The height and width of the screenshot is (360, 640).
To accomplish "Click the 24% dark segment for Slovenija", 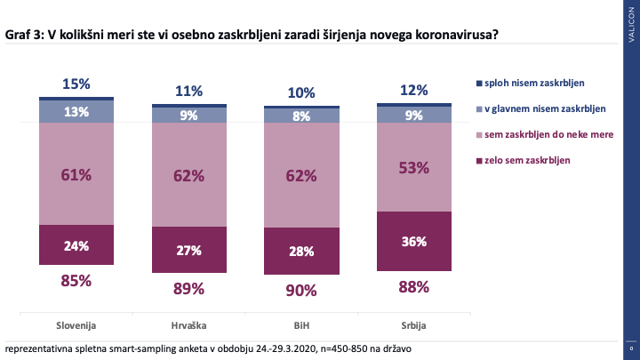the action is point(76,244).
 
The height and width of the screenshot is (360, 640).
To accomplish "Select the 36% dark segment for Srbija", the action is point(414,241).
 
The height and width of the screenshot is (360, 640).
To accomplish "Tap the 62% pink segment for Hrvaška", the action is point(189,175).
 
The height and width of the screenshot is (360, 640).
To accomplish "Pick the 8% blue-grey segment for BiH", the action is point(301,116).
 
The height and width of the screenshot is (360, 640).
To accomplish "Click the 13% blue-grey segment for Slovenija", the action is point(76,111).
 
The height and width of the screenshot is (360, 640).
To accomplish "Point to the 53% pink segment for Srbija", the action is point(414,167).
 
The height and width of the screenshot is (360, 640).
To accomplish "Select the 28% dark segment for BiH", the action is point(301,251).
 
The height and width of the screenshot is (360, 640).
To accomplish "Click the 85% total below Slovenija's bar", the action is point(76,281).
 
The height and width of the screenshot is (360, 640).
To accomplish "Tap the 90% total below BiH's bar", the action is point(301,291).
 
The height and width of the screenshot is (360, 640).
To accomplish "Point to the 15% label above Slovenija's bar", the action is point(76,84).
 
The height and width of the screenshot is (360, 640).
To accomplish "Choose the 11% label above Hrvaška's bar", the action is point(189,91).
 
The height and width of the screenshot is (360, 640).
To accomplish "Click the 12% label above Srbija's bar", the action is point(414,90).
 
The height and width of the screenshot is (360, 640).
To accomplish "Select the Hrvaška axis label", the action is point(188,325).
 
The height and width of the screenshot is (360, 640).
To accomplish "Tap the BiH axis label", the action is point(301,325).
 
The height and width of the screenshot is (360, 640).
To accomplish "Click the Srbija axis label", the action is point(413,325).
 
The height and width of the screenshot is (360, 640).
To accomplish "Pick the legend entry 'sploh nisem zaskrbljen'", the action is point(531,84).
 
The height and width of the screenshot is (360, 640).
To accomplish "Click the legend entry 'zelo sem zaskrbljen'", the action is point(524,160).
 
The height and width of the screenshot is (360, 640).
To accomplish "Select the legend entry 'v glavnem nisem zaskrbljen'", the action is point(541,109).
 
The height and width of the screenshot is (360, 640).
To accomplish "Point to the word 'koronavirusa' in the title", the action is point(457,35).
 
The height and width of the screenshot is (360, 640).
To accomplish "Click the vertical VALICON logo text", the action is point(631,25).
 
